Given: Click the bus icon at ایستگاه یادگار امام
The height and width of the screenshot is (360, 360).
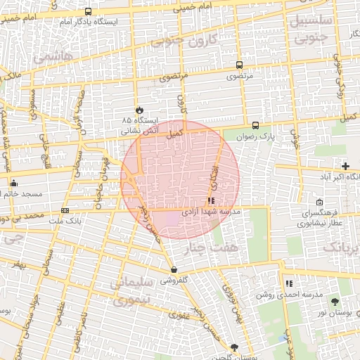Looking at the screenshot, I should tap(88, 11).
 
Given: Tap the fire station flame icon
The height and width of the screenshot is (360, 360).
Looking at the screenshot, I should tap(139, 110).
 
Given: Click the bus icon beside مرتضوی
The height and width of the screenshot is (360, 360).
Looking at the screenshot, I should tap(240, 65).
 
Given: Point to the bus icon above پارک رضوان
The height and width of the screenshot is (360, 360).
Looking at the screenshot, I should tap(255, 126).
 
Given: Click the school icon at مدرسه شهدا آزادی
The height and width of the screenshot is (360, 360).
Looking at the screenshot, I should tap(212, 200).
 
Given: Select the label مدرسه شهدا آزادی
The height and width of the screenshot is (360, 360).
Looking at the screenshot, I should tap(212, 211).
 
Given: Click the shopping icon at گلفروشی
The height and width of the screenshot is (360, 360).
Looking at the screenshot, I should tap(173, 270).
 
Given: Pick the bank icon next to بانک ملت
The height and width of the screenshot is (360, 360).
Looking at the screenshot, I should tap(65, 210).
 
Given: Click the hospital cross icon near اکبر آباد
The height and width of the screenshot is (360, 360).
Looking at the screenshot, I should tap(345, 166).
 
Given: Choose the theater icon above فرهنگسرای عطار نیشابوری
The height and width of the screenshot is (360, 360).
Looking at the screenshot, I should tap(300, 202).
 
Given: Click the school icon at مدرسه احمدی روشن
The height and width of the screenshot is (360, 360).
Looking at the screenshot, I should tap(289, 283).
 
